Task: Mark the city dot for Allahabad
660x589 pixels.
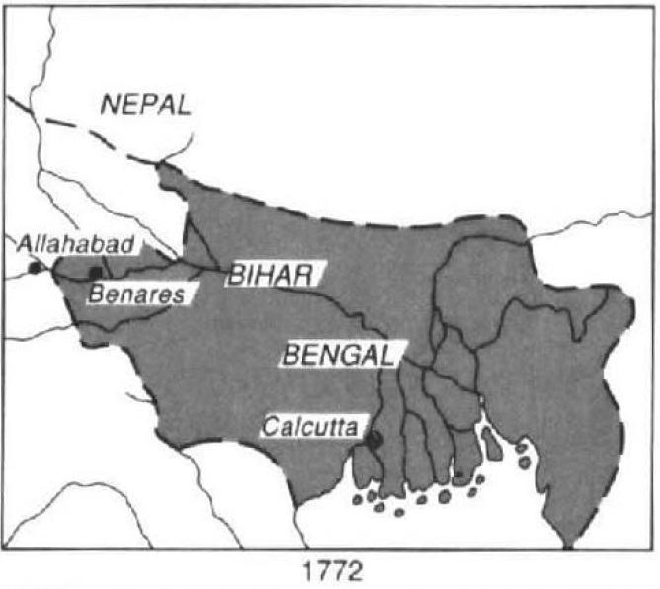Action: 36,267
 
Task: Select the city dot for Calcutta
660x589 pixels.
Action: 372,440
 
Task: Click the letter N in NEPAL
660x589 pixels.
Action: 110,105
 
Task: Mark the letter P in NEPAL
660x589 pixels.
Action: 150,105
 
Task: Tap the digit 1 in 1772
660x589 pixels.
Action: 308,571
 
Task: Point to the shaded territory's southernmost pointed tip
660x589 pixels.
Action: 567,546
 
